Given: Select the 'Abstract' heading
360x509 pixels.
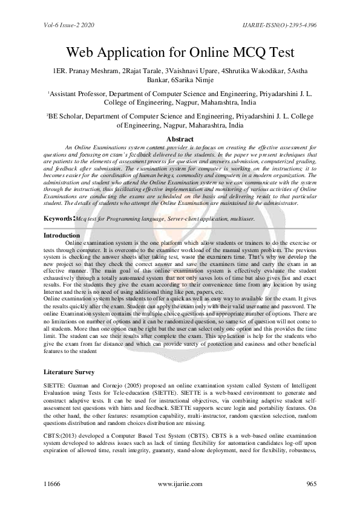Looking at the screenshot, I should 180,140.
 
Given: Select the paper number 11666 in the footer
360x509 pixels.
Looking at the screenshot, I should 53,484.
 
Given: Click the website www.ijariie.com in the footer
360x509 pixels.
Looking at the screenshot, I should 180,484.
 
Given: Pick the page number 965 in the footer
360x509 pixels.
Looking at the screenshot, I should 313,484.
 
